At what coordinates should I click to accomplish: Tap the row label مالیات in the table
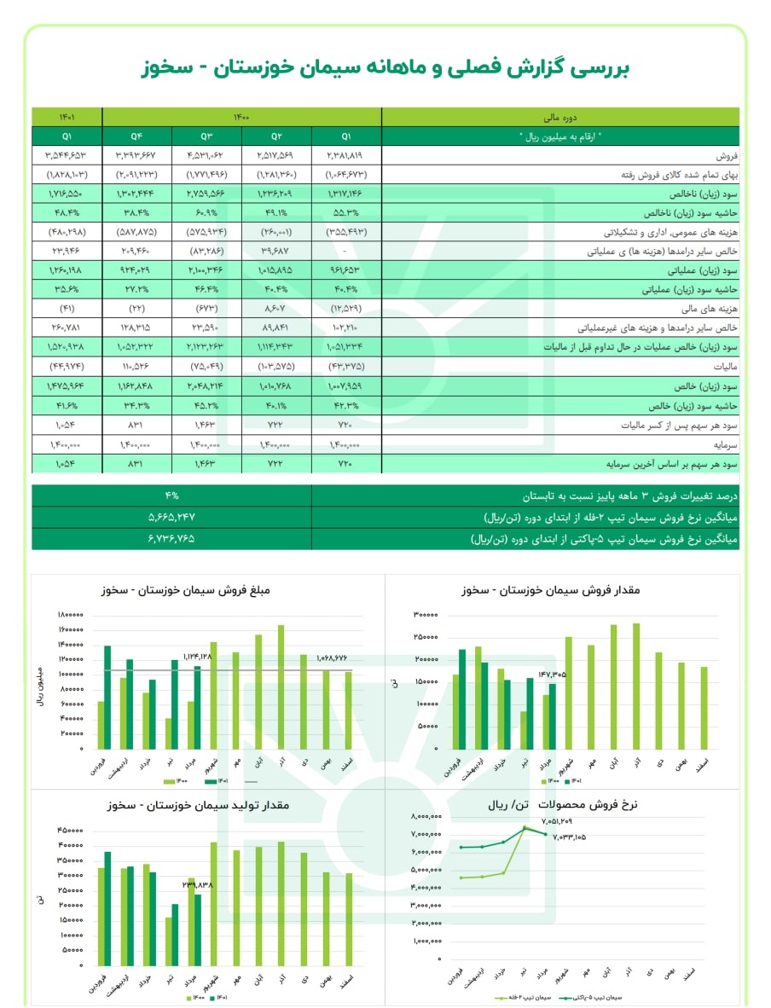tap(717, 367)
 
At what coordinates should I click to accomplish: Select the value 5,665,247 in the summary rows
tap(171, 518)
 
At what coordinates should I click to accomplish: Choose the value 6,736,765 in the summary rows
tap(171, 539)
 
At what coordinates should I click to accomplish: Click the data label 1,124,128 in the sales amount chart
tap(198, 658)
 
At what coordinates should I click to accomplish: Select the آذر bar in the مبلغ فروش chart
tap(281, 687)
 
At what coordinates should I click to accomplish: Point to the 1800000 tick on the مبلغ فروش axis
tap(70, 615)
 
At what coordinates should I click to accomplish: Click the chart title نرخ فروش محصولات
tap(580, 803)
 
